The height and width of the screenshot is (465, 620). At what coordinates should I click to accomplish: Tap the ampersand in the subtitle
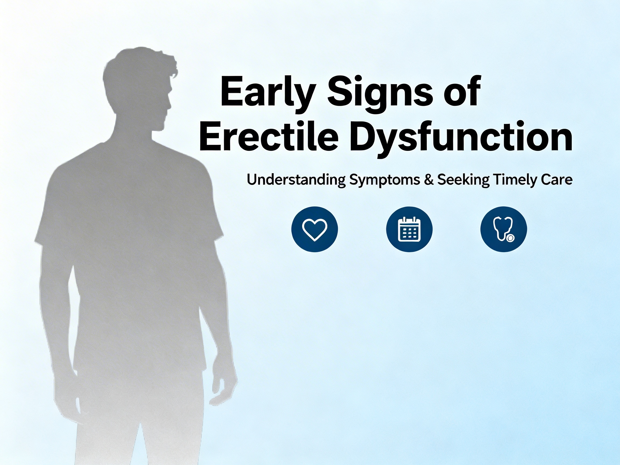point(428,180)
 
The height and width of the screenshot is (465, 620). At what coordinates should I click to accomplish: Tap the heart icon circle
point(315,229)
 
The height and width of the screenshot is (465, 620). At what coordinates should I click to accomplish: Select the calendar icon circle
point(409,229)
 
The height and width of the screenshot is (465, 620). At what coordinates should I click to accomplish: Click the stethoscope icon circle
point(504,229)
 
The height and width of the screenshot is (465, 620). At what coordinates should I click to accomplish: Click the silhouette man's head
point(140,87)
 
